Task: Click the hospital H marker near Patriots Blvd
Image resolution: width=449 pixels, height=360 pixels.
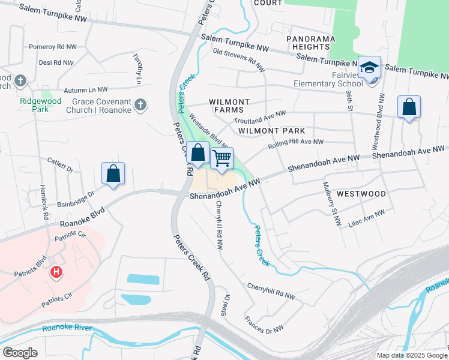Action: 56,272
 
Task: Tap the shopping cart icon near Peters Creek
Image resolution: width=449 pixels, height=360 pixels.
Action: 222,159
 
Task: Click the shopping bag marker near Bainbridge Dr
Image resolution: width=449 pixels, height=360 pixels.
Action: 113,174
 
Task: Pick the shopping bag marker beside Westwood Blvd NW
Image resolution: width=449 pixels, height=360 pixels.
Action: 409,108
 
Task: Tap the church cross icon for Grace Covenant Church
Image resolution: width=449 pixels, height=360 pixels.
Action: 140,106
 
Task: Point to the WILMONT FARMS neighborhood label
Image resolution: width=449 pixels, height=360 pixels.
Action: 226,106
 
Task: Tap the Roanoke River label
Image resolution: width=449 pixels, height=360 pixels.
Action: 66,328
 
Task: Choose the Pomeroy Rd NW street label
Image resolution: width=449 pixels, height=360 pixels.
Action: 53,46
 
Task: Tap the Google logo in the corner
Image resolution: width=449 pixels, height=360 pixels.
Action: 20,353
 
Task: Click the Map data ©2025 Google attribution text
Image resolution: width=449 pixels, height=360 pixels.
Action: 412,355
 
